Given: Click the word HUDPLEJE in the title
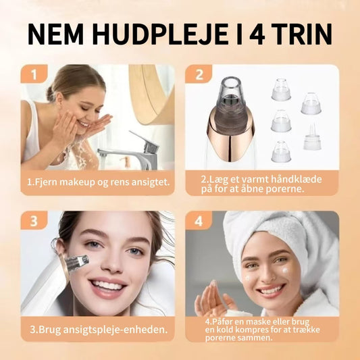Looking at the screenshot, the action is click(159, 34).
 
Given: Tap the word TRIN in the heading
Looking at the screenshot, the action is click(303, 34).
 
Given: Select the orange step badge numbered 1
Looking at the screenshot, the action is click(34, 74).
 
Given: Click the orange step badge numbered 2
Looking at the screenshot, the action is click(199, 74).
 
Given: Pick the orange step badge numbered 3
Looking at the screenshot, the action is click(34, 220).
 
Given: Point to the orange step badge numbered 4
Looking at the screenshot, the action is click(199, 220).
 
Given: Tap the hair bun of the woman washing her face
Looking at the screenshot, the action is click(51, 94).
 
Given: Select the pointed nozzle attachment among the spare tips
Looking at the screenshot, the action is click(311, 137).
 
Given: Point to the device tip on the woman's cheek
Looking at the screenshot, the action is click(78, 262).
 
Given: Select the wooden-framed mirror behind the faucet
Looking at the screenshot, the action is click(151, 94).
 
